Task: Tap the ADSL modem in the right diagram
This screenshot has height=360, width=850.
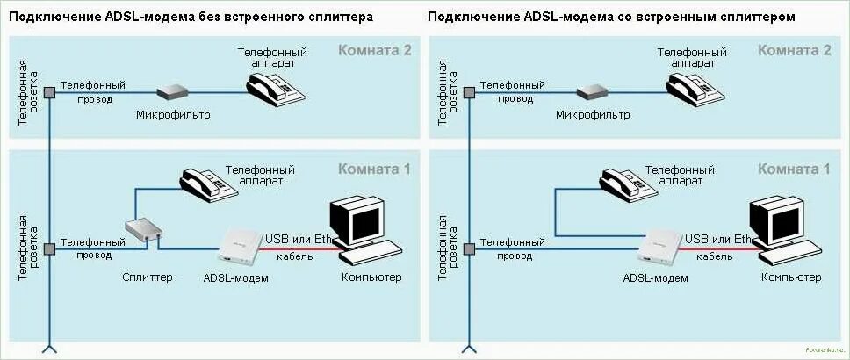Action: click(x=661, y=248)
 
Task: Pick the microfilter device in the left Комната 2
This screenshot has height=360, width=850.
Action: click(x=173, y=90)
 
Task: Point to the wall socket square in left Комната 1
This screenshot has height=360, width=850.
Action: click(x=50, y=249)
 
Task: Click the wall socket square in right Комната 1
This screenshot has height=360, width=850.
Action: click(x=470, y=249)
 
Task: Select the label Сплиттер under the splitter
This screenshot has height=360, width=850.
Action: click(x=148, y=277)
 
